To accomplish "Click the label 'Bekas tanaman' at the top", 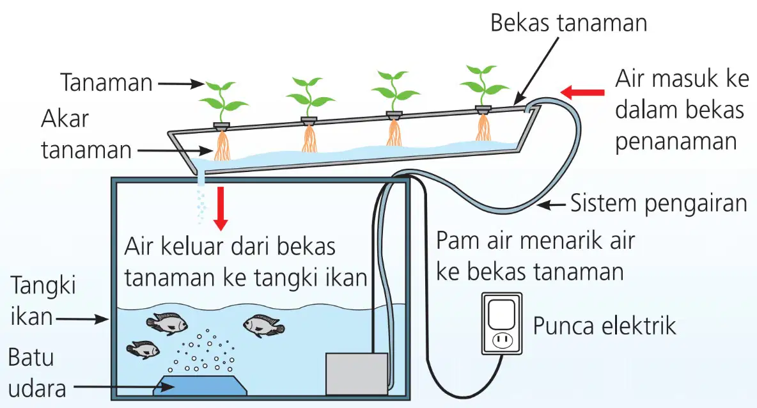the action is pyautogui.click(x=569, y=23).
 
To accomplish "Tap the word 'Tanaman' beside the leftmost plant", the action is pyautogui.click(x=106, y=82).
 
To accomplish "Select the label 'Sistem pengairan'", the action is pyautogui.click(x=659, y=203).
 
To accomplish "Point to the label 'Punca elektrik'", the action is pyautogui.click(x=604, y=326).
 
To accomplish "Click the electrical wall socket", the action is pyautogui.click(x=502, y=324).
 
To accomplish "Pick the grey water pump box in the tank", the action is pyautogui.click(x=357, y=373).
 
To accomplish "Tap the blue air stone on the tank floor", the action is pyautogui.click(x=200, y=385).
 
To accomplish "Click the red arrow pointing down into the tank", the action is pyautogui.click(x=221, y=208).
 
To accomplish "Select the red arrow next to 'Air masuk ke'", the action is pyautogui.click(x=582, y=91).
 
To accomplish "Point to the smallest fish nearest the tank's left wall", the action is pyautogui.click(x=143, y=350).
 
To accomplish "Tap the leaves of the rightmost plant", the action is pyautogui.click(x=484, y=83).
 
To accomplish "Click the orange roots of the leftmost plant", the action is pyautogui.click(x=222, y=145).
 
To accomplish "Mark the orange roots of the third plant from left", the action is pyautogui.click(x=394, y=132).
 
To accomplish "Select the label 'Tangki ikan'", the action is pyautogui.click(x=43, y=301).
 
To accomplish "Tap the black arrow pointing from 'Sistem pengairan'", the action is pyautogui.click(x=551, y=205).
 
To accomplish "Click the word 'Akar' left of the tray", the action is pyautogui.click(x=65, y=119).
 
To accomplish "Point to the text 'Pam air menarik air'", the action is pyautogui.click(x=535, y=240).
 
